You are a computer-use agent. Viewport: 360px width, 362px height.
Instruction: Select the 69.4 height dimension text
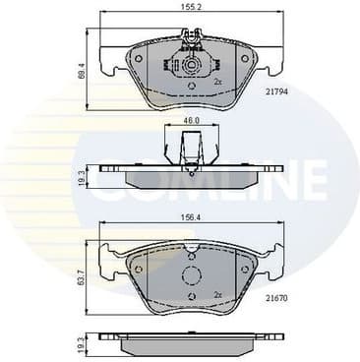83,72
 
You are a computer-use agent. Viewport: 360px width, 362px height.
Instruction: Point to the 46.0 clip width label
191,121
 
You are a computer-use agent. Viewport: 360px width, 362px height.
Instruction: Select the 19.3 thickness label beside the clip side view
83,176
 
